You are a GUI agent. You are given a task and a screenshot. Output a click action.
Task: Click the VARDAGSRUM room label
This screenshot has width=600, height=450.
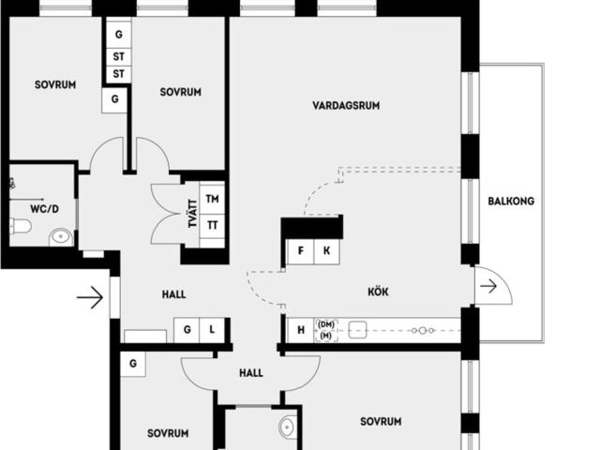pyautogui.click(x=346, y=106)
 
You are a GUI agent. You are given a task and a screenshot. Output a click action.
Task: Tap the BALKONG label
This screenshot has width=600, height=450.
pyautogui.click(x=511, y=201)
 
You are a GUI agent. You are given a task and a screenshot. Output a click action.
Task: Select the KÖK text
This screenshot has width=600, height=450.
pyautogui.click(x=378, y=292)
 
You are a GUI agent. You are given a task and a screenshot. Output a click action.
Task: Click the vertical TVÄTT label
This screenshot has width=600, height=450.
pyautogui.click(x=191, y=215)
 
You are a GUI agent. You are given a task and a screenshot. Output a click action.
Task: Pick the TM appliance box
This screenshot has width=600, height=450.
pyautogui.click(x=213, y=200)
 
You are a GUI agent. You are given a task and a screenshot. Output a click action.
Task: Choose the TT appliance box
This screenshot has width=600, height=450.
pyautogui.click(x=213, y=225)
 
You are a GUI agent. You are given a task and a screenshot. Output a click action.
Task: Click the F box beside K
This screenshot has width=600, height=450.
pyautogui.click(x=301, y=251)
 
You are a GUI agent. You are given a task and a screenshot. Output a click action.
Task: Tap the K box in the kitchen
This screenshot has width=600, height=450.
pyautogui.click(x=326, y=251)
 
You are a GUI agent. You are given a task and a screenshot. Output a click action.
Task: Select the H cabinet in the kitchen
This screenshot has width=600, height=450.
pyautogui.click(x=301, y=330)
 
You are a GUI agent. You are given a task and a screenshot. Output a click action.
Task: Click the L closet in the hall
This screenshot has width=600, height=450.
pyautogui.click(x=213, y=330)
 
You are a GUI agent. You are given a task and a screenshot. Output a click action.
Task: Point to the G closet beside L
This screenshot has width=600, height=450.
pyautogui.click(x=187, y=330)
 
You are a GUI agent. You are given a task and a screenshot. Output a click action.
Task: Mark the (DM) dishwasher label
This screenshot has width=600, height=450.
pyautogui.click(x=325, y=324)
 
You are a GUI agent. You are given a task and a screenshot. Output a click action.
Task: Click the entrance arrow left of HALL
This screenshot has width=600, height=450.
pyautogui.click(x=89, y=298)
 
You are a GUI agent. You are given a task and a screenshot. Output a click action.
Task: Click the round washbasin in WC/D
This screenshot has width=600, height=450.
pyautogui.click(x=61, y=236)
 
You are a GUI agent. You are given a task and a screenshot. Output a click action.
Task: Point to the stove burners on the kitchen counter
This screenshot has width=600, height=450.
pyautogui.click(x=421, y=330)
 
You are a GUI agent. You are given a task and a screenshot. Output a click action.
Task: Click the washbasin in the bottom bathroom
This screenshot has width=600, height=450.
pyautogui.click(x=288, y=427)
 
